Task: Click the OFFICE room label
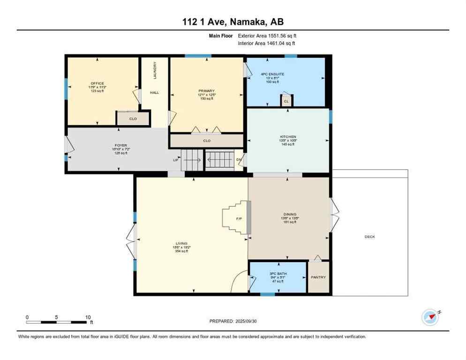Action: click(x=98, y=83)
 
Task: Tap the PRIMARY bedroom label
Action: click(x=206, y=90)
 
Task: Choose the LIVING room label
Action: click(x=181, y=243)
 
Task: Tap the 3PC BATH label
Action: click(x=278, y=273)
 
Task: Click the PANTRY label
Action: click(x=318, y=277)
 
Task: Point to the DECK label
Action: click(x=370, y=237)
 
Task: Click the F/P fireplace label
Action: click(x=239, y=218)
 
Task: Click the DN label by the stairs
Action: click(x=239, y=159)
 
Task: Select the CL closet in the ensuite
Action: click(x=286, y=101)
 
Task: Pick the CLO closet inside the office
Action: click(x=133, y=119)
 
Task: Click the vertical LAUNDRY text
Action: click(x=154, y=70)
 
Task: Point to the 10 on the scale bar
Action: click(x=88, y=317)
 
